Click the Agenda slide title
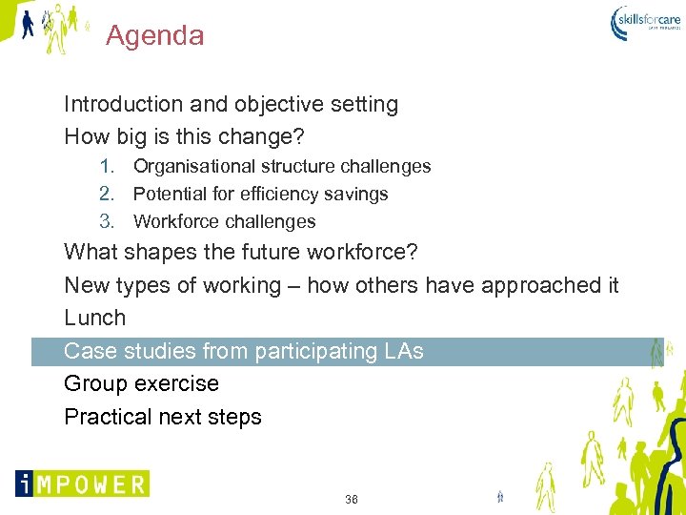[x=154, y=36]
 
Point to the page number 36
[x=352, y=500]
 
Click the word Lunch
[x=94, y=318]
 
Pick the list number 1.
[x=107, y=166]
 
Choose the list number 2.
[x=107, y=194]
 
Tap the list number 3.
[x=107, y=221]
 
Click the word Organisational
[x=194, y=166]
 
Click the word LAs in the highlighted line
[x=404, y=351]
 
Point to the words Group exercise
[x=141, y=383]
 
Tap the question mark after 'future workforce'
[x=412, y=253]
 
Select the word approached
[x=540, y=285]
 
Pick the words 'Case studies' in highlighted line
[x=122, y=351]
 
